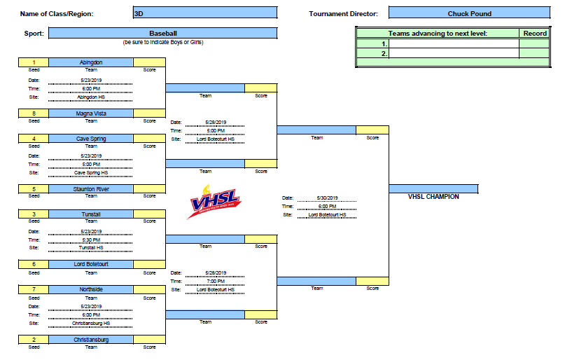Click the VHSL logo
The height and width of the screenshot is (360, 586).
(214, 201)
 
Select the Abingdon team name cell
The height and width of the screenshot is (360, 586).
(91, 62)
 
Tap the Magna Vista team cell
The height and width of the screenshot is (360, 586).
(91, 113)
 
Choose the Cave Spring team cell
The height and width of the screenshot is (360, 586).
(91, 139)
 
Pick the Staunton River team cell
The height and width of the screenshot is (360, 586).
(91, 189)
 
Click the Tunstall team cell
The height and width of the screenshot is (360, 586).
(91, 214)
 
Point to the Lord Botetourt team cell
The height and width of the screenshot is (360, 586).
(91, 264)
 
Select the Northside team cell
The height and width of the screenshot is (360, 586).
(91, 289)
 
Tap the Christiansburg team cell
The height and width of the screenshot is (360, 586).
(91, 340)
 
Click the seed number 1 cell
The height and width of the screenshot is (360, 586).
(34, 62)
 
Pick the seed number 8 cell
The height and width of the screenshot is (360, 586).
(34, 113)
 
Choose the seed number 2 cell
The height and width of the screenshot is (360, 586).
(34, 340)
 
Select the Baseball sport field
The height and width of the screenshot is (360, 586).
(162, 33)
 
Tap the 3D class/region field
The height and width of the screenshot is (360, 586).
(204, 13)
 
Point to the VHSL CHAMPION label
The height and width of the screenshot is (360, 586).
(433, 197)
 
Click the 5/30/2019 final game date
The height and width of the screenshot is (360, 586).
(327, 198)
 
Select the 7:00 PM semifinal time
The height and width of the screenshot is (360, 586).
(216, 281)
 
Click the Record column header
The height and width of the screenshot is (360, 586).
(534, 33)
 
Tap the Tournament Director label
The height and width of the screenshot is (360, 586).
(343, 14)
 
